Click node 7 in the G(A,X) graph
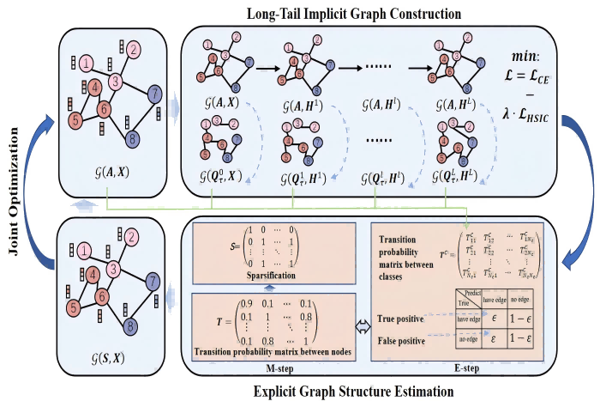153,92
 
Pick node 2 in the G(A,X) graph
135,49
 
